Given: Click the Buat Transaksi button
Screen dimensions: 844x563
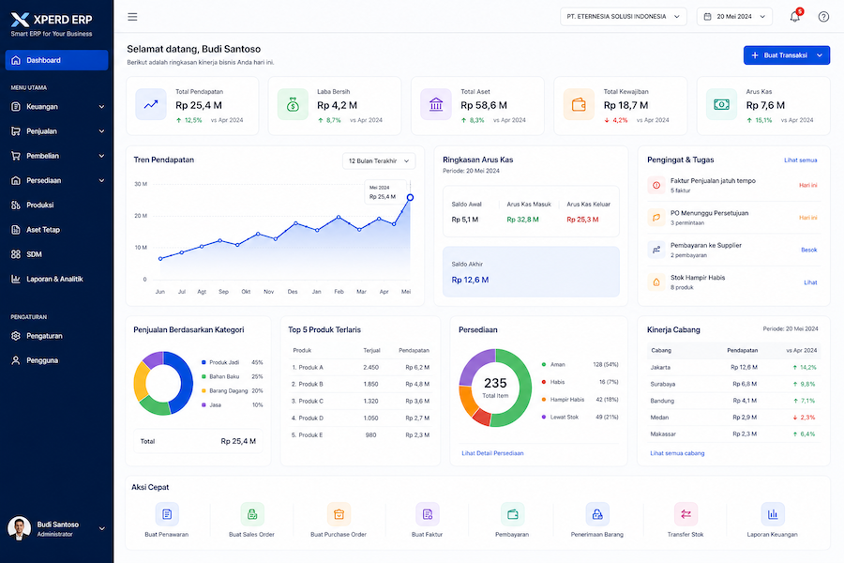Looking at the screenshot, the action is click(x=787, y=55).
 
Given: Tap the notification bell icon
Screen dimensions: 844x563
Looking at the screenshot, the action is click(x=794, y=17).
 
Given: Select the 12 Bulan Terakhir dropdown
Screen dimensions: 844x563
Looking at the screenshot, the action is click(x=379, y=161).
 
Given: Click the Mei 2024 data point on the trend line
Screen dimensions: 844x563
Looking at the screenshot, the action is click(x=410, y=198).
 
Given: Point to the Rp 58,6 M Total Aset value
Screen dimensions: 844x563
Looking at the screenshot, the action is click(x=484, y=106).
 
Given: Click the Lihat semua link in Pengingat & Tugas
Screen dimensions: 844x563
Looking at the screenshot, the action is click(x=801, y=160).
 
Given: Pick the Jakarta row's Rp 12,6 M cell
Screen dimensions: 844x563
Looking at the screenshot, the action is click(x=744, y=368).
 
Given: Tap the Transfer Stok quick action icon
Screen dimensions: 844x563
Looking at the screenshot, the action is click(x=686, y=514).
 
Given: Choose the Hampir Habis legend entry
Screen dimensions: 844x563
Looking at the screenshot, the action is click(x=566, y=400).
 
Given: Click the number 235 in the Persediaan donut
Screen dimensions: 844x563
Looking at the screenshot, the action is click(x=495, y=383).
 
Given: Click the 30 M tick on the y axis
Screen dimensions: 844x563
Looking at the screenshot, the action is click(x=141, y=184).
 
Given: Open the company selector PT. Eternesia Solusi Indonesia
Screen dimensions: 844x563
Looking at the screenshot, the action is click(x=624, y=17).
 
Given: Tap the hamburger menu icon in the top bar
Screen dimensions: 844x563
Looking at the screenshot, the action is click(x=132, y=17).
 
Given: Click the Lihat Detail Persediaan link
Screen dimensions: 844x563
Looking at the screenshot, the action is click(x=492, y=453).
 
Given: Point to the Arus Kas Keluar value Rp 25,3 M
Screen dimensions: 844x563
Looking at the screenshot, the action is click(x=582, y=220).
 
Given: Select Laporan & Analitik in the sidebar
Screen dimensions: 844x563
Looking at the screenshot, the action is click(x=54, y=279).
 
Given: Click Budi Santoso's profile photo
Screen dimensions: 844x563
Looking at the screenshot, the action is click(x=20, y=528).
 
